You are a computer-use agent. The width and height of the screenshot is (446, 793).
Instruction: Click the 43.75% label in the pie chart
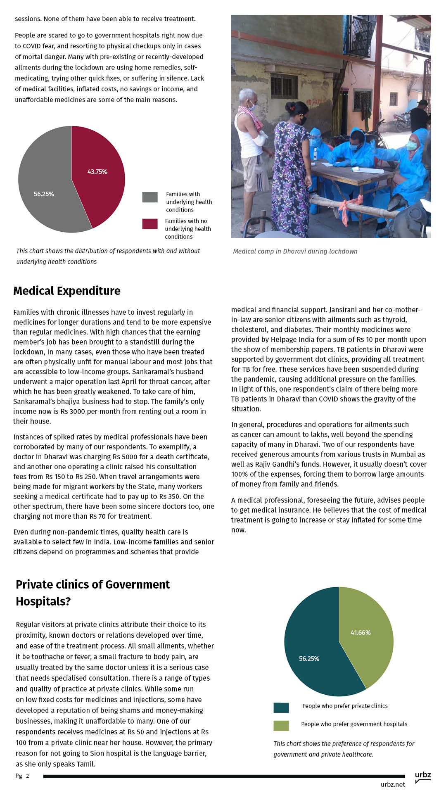[97, 171]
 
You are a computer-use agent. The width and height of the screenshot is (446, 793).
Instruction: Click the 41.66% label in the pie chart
[361, 632]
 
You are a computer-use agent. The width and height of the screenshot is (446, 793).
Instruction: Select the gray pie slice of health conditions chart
[45, 182]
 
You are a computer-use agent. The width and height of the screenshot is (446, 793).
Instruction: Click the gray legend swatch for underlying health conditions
[150, 197]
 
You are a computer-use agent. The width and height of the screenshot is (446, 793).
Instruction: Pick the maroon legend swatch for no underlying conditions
[150, 224]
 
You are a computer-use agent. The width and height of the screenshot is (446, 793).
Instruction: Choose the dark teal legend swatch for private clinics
[281, 708]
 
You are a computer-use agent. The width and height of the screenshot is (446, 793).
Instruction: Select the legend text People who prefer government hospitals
[354, 724]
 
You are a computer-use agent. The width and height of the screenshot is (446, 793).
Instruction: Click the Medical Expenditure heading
[67, 291]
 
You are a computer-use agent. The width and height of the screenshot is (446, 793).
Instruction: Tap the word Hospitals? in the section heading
[43, 601]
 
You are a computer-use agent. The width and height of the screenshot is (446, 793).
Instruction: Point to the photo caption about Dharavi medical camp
[295, 251]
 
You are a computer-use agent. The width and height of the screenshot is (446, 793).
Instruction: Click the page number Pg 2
[22, 776]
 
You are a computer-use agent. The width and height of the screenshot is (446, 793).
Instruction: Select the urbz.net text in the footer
[393, 784]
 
